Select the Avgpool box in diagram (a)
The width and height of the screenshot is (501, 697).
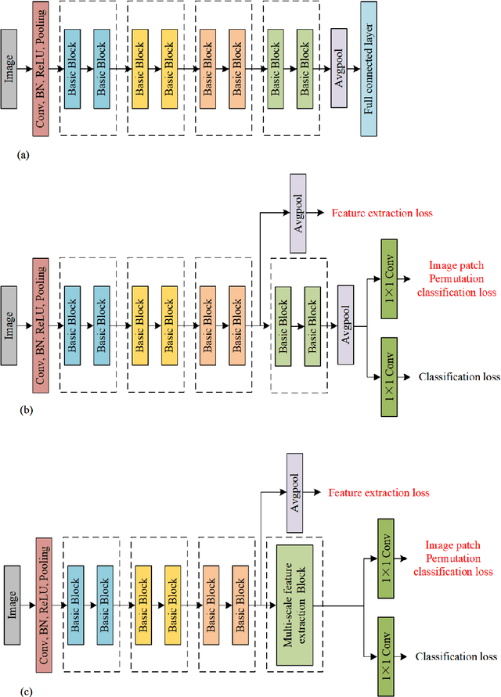point(338,68)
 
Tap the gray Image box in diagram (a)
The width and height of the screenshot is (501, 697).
point(10,68)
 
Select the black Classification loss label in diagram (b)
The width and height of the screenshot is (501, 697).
point(459,376)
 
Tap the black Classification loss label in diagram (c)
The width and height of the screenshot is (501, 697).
point(456,656)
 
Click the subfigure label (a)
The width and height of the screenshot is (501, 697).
point(23,156)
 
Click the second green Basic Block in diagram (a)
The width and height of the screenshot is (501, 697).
point(306,68)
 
